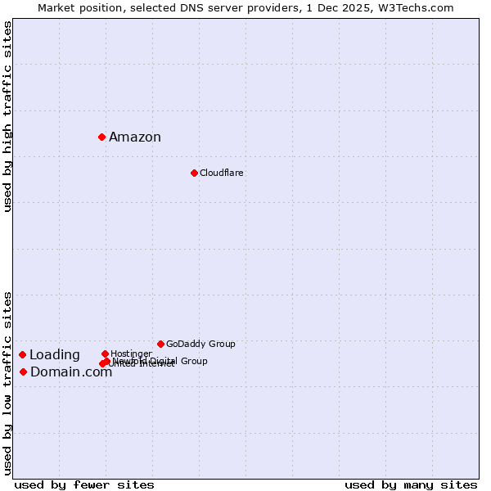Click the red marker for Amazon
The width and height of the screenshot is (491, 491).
[101, 137]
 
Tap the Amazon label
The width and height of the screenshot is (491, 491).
[135, 137]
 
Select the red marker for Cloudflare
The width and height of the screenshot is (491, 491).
[194, 173]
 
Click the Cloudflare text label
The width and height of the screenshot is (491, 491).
[222, 173]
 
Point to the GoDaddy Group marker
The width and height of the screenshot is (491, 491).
[160, 344]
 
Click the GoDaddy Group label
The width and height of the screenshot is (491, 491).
[200, 345]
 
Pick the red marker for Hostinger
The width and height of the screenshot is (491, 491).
[105, 354]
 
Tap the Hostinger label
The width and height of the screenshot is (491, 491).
[131, 354]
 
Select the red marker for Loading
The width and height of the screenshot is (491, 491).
[22, 354]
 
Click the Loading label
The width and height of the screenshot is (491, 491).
[55, 355]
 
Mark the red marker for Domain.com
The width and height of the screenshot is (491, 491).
[23, 372]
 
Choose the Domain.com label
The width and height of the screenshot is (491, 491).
[71, 372]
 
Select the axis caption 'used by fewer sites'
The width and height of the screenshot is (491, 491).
[84, 484]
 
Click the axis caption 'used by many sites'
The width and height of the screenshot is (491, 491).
[411, 484]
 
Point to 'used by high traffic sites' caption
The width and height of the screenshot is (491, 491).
[8, 117]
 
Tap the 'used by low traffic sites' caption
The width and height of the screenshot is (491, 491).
[8, 383]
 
